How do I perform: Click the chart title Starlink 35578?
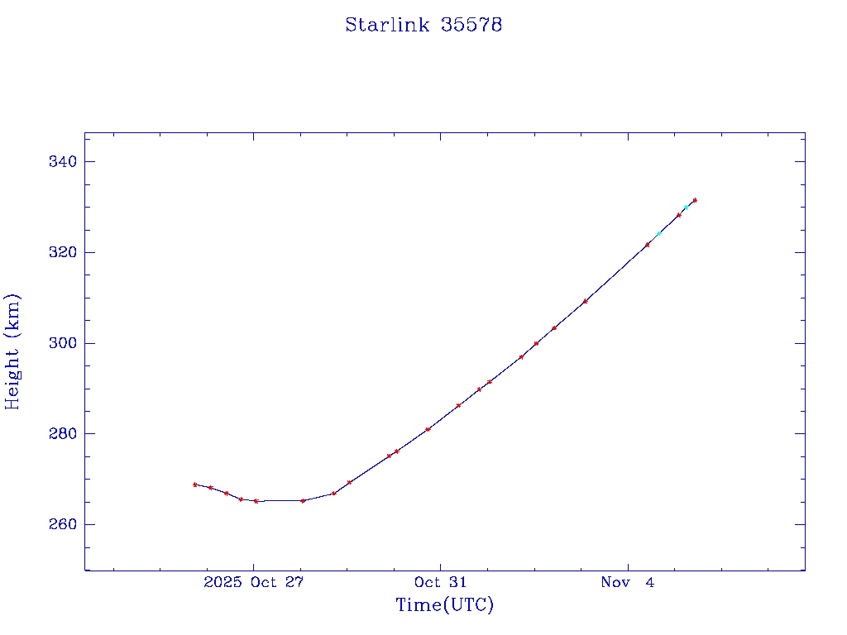423,25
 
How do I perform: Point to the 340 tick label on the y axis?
63,161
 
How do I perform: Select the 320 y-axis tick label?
63,252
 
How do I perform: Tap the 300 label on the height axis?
63,343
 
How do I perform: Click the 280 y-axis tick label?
63,434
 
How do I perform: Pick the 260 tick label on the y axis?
63,525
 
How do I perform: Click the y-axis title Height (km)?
13,351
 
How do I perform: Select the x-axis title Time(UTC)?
444,605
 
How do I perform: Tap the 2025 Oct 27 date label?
254,582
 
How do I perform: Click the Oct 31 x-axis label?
441,582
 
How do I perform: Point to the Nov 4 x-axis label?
628,582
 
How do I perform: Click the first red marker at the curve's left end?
195,485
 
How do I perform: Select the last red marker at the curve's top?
695,200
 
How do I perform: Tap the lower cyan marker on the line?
659,233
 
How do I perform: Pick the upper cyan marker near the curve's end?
686,208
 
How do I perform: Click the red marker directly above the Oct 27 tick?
256,501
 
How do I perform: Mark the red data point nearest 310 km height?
585,301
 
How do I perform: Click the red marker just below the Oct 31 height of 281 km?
428,429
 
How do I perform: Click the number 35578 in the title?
472,25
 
